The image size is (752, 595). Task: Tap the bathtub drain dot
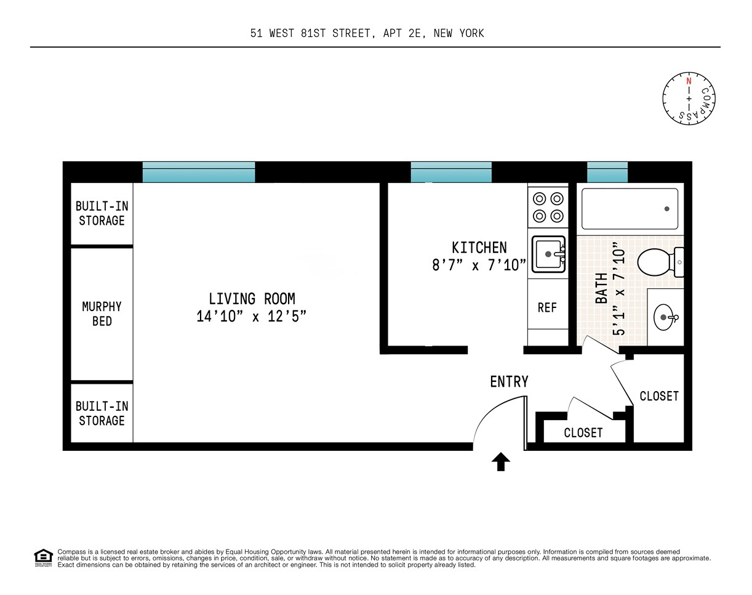[x=666, y=209]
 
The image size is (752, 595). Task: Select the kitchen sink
[x=548, y=254]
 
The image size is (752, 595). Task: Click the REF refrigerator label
[x=547, y=307]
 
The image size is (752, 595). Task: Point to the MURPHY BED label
[x=102, y=314]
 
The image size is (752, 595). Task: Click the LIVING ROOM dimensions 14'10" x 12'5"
[x=251, y=317]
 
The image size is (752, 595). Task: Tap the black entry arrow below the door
[x=501, y=462]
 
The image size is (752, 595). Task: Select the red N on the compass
[x=689, y=81]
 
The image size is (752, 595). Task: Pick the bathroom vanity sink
[x=665, y=318]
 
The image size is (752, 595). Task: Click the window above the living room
[x=199, y=172]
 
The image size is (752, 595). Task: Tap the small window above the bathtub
[x=607, y=172]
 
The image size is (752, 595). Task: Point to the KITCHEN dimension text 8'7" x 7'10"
[x=479, y=265]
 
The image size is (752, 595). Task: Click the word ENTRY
[x=509, y=382]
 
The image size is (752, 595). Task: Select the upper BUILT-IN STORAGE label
[x=102, y=213]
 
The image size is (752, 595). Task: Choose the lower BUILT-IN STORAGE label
[x=102, y=413]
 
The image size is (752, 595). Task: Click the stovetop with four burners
[x=548, y=208]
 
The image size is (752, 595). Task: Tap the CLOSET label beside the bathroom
[x=659, y=396]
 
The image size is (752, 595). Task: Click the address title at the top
[x=367, y=33]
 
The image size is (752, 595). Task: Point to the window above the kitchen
[x=451, y=172]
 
